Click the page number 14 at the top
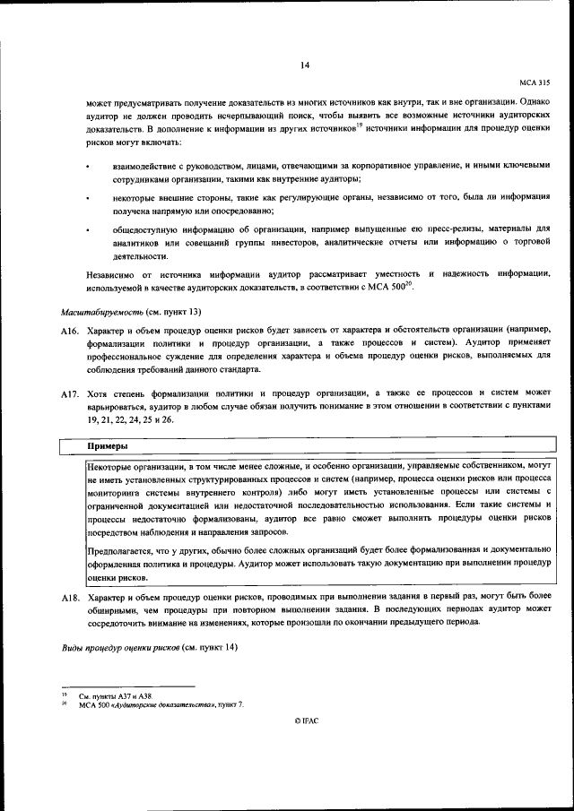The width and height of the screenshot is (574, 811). tap(304, 65)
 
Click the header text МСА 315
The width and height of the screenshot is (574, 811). tap(535, 82)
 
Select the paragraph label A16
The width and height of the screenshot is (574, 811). tap(71, 331)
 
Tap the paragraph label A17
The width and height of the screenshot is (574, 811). tap(71, 394)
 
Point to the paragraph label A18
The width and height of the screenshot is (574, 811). tap(71, 596)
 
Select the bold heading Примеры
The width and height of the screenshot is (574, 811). tap(108, 445)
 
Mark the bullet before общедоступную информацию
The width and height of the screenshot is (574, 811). tap(88, 229)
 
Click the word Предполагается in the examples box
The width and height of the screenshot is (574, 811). tap(119, 548)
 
